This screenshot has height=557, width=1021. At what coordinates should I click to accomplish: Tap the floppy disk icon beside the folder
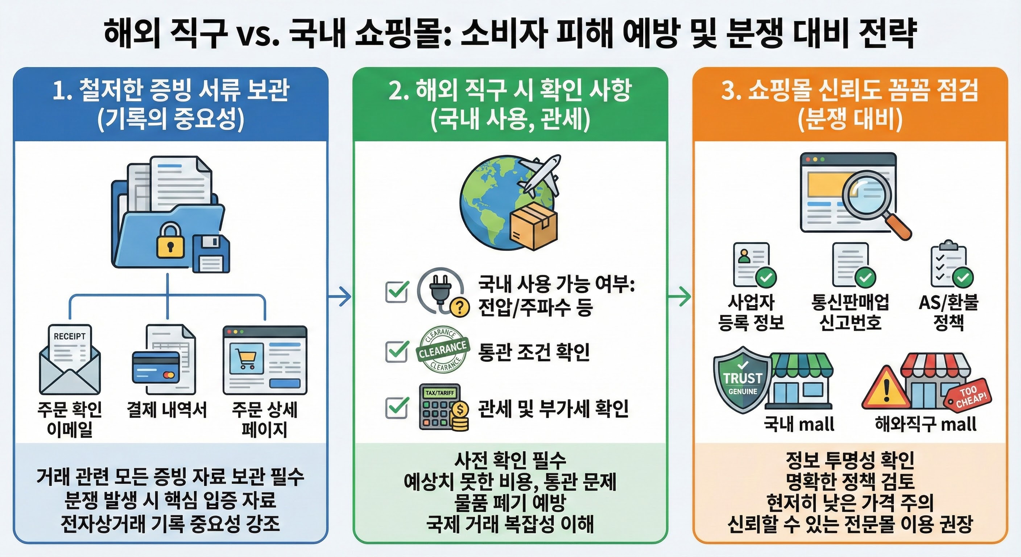[x=211, y=253]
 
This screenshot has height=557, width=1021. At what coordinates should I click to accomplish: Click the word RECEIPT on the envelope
[x=70, y=336]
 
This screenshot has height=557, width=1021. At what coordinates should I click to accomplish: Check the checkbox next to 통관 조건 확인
[x=397, y=351]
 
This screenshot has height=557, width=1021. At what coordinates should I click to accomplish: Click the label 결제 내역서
[x=167, y=409]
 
